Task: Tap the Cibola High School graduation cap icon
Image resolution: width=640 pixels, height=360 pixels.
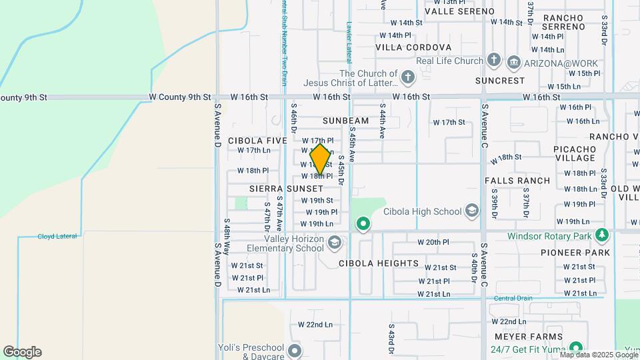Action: coord(472,211)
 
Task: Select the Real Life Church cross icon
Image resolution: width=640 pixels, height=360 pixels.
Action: coord(493,61)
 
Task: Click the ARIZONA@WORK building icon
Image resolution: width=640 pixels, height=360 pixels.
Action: coord(514,63)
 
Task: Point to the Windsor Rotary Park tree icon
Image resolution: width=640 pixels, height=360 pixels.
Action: coord(602,235)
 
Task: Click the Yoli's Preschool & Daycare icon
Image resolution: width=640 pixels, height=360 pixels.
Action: coord(295,351)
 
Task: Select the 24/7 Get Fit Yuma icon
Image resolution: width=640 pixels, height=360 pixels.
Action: coord(577,348)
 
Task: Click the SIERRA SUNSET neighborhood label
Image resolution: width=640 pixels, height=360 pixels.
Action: coord(286,189)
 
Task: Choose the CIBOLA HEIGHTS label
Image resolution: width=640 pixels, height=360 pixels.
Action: coord(379,263)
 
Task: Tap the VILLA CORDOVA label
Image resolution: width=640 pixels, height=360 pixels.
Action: coord(413,47)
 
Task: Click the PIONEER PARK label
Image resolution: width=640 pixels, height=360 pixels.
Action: coord(575,253)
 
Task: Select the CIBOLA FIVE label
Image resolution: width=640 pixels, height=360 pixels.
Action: coord(257,141)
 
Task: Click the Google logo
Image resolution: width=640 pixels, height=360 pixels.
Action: coord(22,351)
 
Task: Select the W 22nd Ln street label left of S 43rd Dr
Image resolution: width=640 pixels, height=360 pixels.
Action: coord(315,325)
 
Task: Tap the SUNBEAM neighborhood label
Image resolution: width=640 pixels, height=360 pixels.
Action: coord(345,121)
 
